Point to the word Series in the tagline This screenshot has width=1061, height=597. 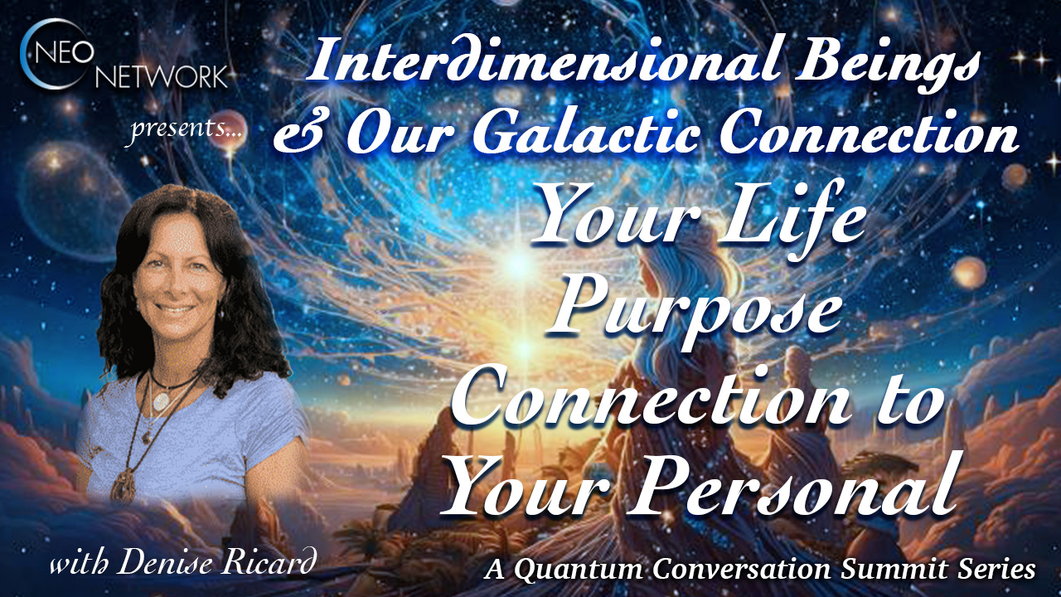pos(996,569)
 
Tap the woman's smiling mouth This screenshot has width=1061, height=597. pos(175,309)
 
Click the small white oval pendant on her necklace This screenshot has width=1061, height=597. pos(161,401)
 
